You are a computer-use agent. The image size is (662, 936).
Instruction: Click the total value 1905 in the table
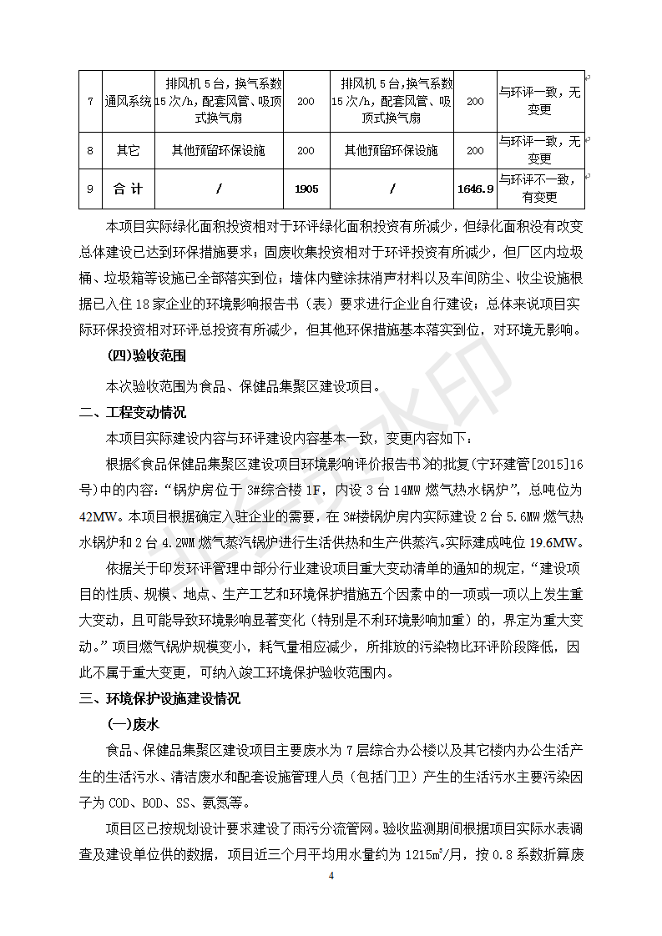pyautogui.click(x=306, y=189)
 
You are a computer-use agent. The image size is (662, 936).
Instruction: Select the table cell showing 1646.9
pyautogui.click(x=475, y=189)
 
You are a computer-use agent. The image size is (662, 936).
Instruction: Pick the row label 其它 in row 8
pyautogui.click(x=128, y=151)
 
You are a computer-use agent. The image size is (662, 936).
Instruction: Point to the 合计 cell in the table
pyautogui.click(x=128, y=189)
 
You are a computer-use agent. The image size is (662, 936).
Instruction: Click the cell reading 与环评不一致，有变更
pyautogui.click(x=539, y=189)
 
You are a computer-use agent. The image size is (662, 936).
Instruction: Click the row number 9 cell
pyautogui.click(x=90, y=189)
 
